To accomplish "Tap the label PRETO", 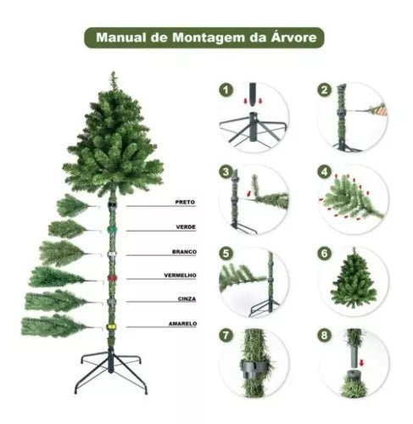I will tap(186, 203).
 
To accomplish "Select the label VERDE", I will tap(186, 227).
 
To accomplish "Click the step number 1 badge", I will tap(226, 89).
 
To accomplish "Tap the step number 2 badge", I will tap(324, 89).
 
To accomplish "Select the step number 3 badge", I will tap(226, 171).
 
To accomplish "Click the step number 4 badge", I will tap(324, 171).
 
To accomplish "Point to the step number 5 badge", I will tap(226, 254).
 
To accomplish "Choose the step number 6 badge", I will tap(324, 254).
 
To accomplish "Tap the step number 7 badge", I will tap(226, 336).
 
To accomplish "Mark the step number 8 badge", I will tap(324, 336).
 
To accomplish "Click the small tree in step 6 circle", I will tap(354, 281).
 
